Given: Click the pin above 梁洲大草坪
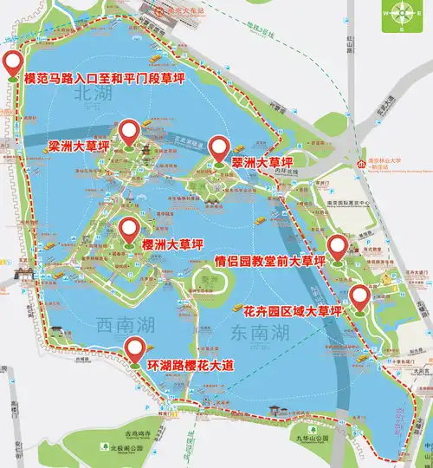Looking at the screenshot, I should pyautogui.click(x=130, y=133).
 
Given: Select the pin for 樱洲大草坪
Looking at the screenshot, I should pyautogui.click(x=130, y=231).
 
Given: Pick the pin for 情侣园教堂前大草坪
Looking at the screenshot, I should pyautogui.click(x=338, y=245).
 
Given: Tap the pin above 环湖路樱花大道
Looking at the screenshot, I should pyautogui.click(x=135, y=349).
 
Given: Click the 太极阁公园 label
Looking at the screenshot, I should pyautogui.click(x=124, y=449).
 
